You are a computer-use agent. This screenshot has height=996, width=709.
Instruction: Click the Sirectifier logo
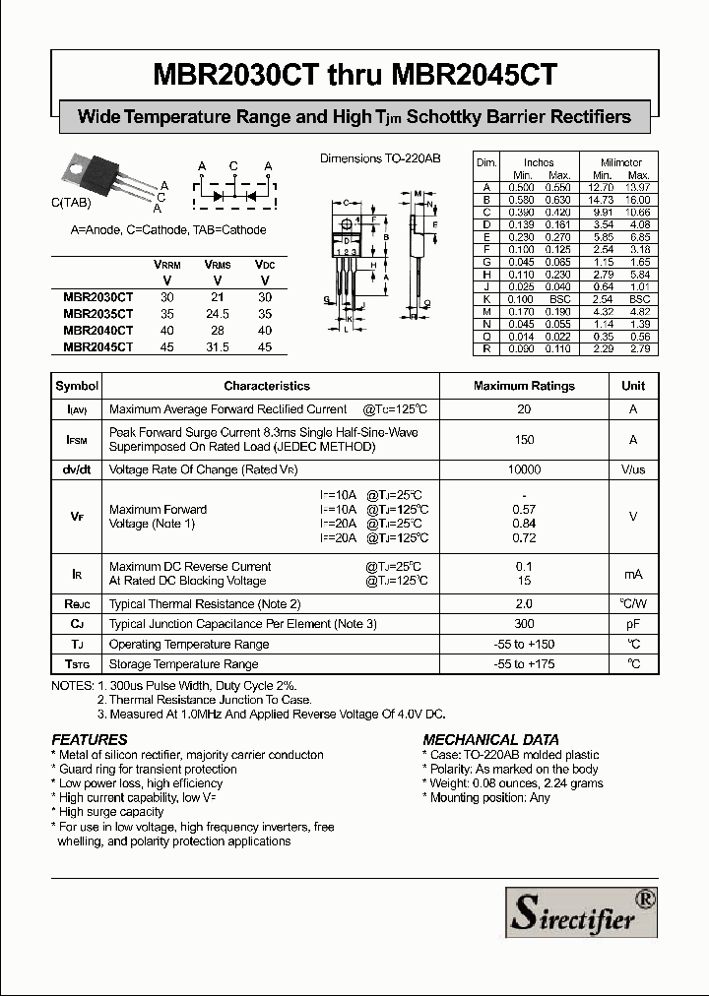click(x=580, y=911)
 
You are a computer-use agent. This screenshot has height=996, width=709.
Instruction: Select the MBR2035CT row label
click(x=97, y=313)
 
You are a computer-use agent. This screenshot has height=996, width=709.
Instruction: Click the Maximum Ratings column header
click(x=524, y=386)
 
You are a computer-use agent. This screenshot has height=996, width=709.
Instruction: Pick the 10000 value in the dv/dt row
click(x=524, y=470)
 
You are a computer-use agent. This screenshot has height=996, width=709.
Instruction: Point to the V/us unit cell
click(x=632, y=470)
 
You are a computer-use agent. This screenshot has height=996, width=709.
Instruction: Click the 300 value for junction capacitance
click(x=524, y=624)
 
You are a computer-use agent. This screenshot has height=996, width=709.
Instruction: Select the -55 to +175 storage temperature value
click(x=524, y=664)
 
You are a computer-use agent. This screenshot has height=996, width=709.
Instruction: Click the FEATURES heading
click(x=90, y=739)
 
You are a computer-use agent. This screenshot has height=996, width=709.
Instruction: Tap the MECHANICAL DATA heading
click(x=490, y=739)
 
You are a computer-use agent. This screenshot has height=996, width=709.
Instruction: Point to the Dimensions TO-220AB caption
click(x=380, y=158)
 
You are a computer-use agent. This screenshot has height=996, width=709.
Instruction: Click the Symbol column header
click(x=77, y=386)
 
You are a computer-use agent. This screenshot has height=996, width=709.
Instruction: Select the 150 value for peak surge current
click(x=524, y=440)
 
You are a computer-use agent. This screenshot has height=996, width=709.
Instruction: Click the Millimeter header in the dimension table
click(x=620, y=162)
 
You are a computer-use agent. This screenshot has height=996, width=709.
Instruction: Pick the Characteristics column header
click(x=266, y=386)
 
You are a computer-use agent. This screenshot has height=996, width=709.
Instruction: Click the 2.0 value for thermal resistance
click(x=524, y=603)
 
